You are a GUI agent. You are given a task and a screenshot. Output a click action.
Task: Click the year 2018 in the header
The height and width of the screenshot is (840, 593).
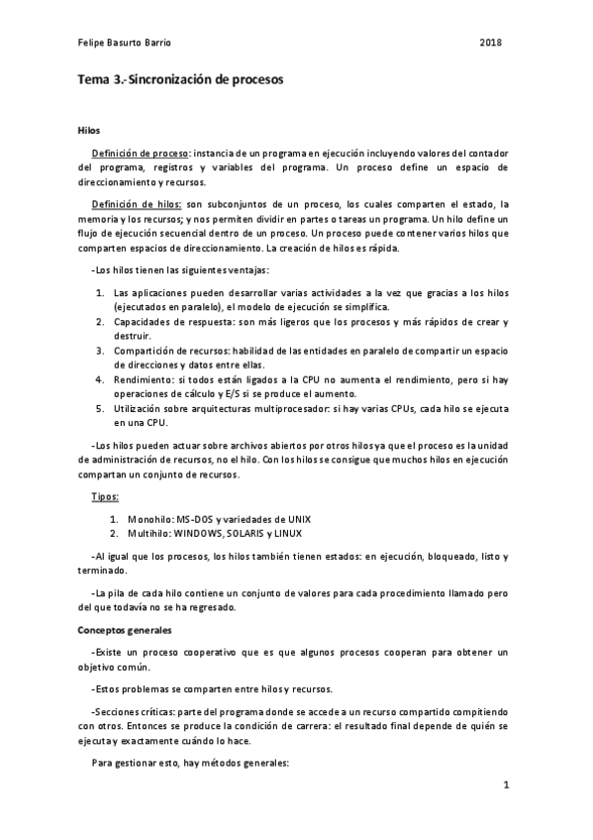491,43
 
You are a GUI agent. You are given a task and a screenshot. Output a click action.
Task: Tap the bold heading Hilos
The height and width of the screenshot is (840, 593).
87,131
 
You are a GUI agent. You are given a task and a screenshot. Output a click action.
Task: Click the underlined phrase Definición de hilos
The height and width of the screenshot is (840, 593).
137,202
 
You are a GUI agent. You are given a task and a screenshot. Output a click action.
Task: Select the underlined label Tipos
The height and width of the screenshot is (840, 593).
105,495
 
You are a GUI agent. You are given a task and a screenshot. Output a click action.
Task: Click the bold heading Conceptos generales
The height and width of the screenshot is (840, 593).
125,629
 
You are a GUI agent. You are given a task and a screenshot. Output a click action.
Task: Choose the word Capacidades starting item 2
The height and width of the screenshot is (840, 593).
147,322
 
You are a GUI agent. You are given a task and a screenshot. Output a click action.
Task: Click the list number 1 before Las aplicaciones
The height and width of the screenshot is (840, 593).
99,293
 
